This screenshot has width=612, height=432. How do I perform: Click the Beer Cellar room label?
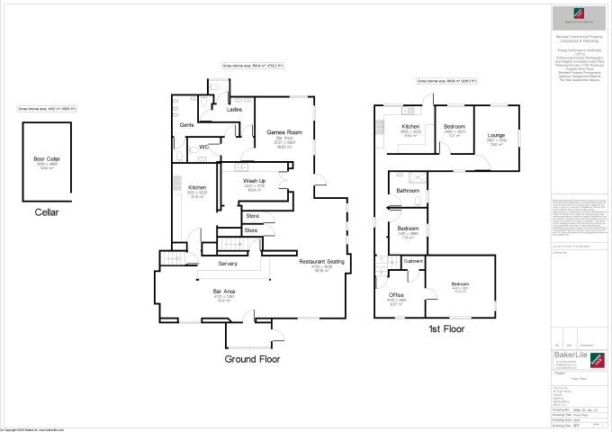(x=46, y=159)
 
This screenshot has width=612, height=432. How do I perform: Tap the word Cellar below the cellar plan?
(x=46, y=213)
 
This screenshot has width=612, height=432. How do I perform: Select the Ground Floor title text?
(x=252, y=359)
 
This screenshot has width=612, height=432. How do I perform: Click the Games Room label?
(x=283, y=132)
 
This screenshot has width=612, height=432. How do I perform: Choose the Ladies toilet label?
(x=234, y=110)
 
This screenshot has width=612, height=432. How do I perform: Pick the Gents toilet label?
(x=187, y=125)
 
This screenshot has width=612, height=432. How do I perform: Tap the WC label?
(x=204, y=147)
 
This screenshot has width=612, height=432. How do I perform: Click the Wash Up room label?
(x=255, y=181)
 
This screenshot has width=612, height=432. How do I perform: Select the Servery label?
(x=228, y=263)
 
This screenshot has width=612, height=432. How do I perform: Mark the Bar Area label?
(x=223, y=292)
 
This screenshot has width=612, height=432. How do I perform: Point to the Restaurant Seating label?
(x=322, y=262)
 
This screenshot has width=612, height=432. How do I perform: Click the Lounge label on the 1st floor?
(x=496, y=136)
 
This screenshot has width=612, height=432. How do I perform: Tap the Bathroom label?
(x=409, y=191)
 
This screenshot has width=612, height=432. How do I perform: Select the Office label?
(x=396, y=295)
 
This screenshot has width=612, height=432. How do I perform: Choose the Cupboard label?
(x=413, y=261)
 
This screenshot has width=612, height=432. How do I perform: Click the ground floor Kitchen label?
(x=197, y=187)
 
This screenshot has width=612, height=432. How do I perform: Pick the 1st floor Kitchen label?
(x=410, y=127)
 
